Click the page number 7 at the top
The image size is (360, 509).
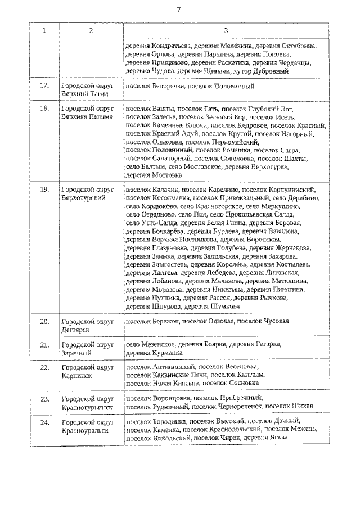[178, 10]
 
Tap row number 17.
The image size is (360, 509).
[44, 86]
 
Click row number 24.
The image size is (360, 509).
[44, 421]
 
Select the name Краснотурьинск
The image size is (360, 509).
[87, 407]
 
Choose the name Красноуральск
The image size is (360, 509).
[85, 429]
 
